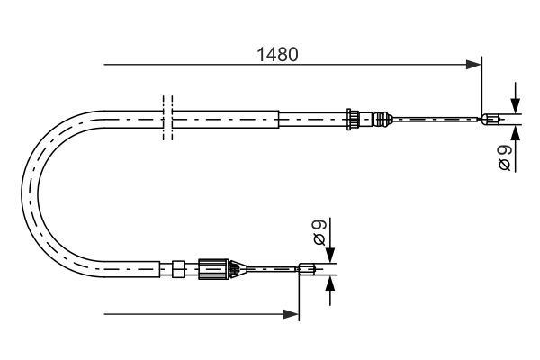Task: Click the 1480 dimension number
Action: click(277, 53)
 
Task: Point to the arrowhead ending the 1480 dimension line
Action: click(474, 65)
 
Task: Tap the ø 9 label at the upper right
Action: click(505, 158)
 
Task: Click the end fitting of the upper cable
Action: click(490, 118)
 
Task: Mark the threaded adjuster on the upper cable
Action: click(356, 118)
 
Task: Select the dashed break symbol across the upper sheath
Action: click(166, 118)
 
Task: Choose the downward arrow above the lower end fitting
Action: click(330, 253)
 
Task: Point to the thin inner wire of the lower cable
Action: click(270, 266)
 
